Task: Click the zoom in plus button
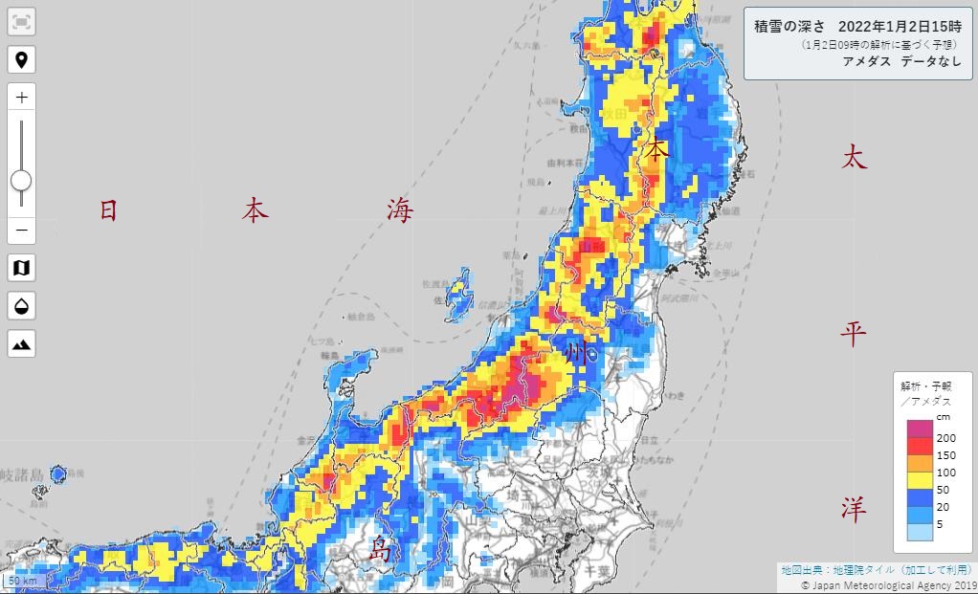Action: (x=21, y=98)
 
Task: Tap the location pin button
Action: (x=21, y=60)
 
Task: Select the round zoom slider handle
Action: (x=21, y=180)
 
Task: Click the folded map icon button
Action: (x=21, y=268)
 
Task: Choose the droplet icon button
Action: (x=21, y=305)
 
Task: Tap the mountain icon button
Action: (x=21, y=342)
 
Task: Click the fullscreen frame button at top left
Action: (x=21, y=22)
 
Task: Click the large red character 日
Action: (x=109, y=210)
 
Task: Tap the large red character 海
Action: (x=400, y=210)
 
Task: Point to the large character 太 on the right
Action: (x=854, y=158)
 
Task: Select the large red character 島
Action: (x=381, y=549)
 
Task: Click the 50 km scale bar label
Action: (x=22, y=581)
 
